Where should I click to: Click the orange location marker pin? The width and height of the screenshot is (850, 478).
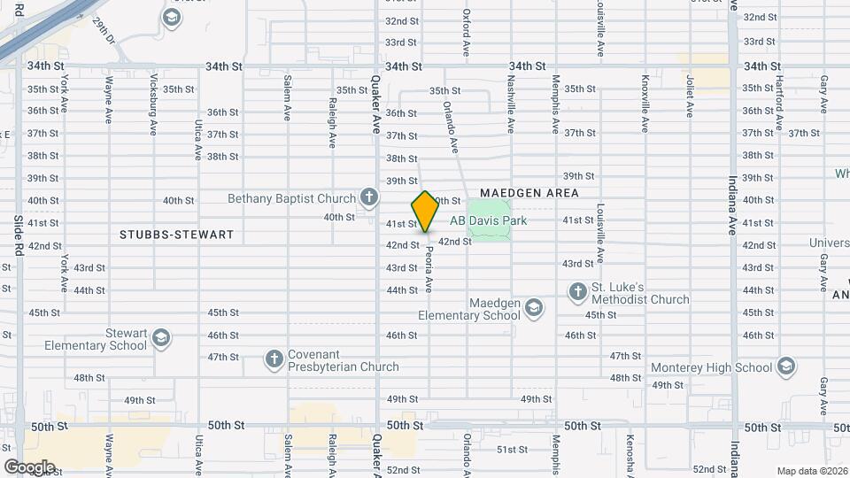point(426,212)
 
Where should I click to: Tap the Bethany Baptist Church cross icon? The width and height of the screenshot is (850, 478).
point(368,198)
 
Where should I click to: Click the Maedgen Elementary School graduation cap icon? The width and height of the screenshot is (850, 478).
point(533,307)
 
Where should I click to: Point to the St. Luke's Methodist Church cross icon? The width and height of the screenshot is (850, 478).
point(577,291)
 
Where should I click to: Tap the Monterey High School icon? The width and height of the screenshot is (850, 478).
point(785,367)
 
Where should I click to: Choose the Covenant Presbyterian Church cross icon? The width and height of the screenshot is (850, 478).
point(274,358)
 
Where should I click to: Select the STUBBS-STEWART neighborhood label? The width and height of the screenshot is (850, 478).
point(177,235)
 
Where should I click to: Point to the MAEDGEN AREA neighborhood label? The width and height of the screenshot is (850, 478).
point(529,192)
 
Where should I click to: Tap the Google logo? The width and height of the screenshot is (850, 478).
point(29,466)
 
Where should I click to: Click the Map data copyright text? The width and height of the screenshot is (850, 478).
point(812,471)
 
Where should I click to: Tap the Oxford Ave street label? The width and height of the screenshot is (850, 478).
point(466,30)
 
